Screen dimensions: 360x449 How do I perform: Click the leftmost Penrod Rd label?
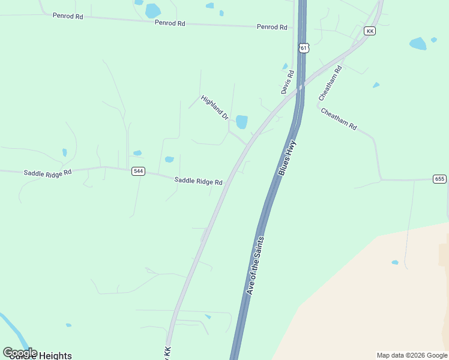point(68,16)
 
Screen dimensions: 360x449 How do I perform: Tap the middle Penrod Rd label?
point(170,23)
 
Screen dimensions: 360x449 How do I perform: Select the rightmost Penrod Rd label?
point(272,27)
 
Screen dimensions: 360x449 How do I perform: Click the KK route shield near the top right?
point(370,31)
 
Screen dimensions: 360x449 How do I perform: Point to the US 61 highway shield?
point(304,47)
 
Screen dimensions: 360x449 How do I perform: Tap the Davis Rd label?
point(288,82)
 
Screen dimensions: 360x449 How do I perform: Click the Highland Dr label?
point(215,107)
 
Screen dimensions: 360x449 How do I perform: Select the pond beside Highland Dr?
point(241,122)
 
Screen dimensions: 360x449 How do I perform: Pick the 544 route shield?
point(139,171)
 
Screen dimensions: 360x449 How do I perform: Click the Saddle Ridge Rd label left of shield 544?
point(48,172)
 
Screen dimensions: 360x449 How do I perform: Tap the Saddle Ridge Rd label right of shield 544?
point(198,181)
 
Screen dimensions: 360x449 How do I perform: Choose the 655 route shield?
point(439,179)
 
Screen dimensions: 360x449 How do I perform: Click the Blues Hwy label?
point(288,158)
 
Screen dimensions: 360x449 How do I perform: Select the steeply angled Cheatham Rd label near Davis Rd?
point(330,83)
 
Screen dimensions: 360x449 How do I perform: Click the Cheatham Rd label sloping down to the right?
point(339,119)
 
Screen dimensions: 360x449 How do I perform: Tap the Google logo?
point(20,352)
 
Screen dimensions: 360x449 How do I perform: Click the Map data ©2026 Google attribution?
point(412,355)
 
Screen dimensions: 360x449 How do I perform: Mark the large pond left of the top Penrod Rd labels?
point(153,11)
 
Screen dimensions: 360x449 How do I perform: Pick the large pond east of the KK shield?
point(417,43)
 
